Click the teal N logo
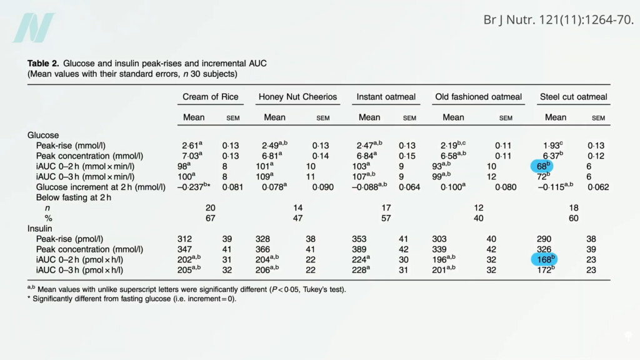point(34,28)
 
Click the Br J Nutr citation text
point(558,19)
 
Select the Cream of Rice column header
point(209,97)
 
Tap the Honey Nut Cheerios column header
point(297,97)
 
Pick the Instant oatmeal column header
point(386,97)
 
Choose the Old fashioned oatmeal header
point(478,97)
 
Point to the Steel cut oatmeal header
point(573,97)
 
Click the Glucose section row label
point(43,134)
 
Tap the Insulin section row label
point(41,228)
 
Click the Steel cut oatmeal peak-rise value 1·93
point(548,145)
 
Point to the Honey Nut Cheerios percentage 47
point(297,218)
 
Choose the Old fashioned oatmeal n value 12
point(478,207)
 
